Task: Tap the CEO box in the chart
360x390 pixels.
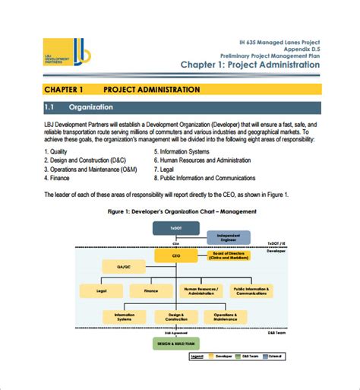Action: (x=175, y=258)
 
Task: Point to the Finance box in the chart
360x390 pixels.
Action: (x=151, y=290)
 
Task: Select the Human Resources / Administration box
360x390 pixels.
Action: (x=201, y=290)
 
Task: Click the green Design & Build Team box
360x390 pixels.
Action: (x=175, y=342)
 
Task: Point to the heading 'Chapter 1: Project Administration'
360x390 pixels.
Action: (x=250, y=66)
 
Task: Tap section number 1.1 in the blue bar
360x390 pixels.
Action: (x=52, y=107)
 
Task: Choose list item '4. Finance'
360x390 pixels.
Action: (x=62, y=178)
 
